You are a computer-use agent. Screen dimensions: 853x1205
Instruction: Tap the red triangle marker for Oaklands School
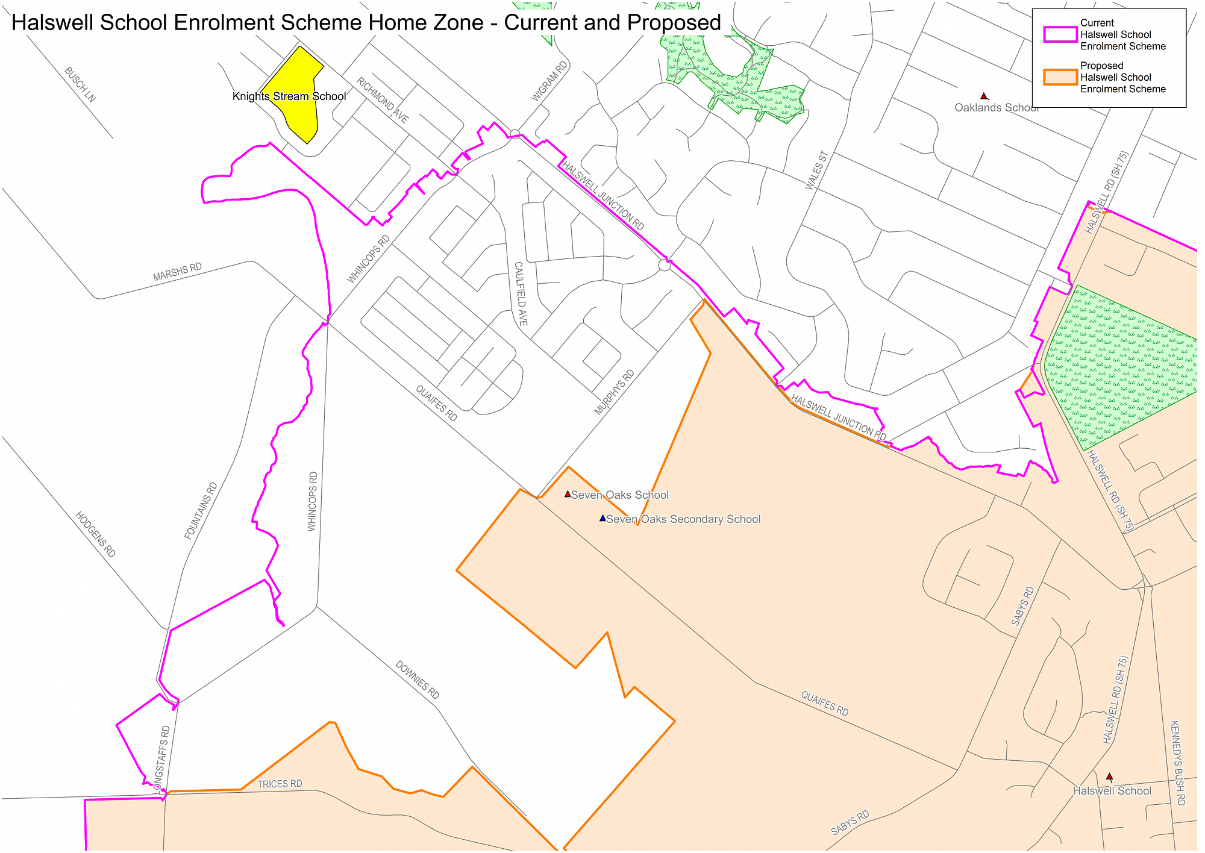[x=984, y=96]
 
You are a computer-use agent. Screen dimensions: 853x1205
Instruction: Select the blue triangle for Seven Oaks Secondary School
[x=602, y=518]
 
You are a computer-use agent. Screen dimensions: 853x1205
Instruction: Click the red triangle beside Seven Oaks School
[x=568, y=494]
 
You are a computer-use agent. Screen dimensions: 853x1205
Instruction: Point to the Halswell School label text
[x=1112, y=791]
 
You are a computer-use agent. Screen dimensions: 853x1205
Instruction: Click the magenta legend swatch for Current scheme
[x=1060, y=34]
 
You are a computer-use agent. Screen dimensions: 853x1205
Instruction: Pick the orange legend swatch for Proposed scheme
[x=1060, y=77]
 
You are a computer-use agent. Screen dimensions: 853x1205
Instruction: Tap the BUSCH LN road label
[x=80, y=84]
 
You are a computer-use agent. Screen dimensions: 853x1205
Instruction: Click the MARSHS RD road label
[x=177, y=272]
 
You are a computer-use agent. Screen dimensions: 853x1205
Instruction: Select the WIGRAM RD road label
[x=549, y=81]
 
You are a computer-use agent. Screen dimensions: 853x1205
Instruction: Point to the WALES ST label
[x=817, y=170]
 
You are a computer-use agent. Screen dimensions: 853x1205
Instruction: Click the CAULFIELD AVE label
[x=521, y=293]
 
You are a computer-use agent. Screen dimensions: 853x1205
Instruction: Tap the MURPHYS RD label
[x=615, y=392]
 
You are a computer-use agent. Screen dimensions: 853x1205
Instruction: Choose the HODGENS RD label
[x=95, y=534]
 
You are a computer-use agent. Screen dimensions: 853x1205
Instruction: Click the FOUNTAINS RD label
[x=201, y=511]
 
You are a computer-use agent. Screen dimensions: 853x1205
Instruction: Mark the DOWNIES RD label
[x=417, y=680]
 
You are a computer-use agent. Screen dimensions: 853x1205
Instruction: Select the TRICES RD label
[x=280, y=784]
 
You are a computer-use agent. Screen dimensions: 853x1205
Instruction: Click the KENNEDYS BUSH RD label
[x=1177, y=763]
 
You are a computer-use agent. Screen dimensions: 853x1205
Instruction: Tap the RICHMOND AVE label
[x=383, y=100]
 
